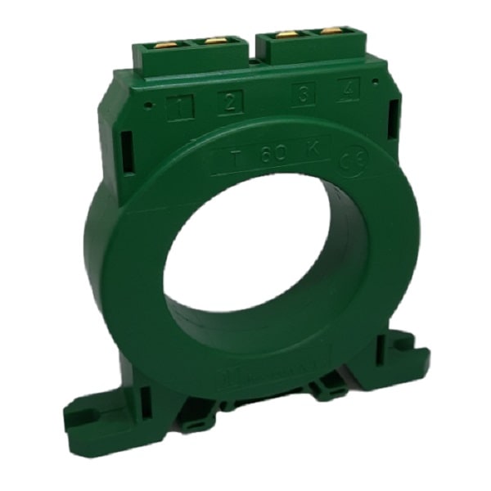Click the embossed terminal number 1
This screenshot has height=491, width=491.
pos(178,106)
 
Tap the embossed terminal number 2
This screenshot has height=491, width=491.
pos(230,102)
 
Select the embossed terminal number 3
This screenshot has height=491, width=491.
pos(304,96)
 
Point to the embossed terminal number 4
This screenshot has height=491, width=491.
pos(349,90)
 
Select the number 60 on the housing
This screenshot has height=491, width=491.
pos(273,155)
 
